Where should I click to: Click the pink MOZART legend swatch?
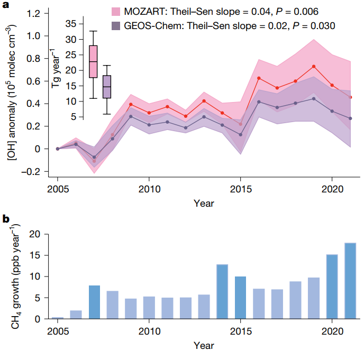click(117, 12)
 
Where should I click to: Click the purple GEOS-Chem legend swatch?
click(117, 25)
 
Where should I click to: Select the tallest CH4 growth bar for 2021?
click(350, 281)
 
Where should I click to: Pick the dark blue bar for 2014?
click(222, 292)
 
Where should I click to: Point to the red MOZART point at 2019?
click(314, 66)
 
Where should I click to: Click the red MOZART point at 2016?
click(259, 78)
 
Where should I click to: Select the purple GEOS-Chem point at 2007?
click(94, 157)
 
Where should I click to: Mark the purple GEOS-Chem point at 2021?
click(350, 118)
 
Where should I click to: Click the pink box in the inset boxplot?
click(93, 62)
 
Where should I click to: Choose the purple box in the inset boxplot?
click(107, 87)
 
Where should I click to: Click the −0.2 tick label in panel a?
click(33, 171)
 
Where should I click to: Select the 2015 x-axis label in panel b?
click(240, 331)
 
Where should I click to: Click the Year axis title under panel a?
click(204, 203)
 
